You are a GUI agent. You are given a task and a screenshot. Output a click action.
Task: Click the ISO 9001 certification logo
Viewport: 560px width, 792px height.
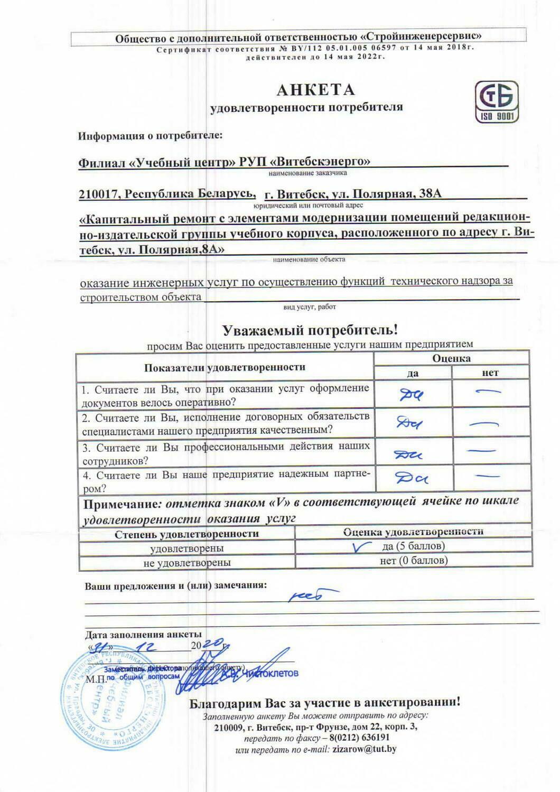(x=497, y=103)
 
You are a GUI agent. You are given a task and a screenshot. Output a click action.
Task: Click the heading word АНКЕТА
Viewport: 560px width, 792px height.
(x=315, y=90)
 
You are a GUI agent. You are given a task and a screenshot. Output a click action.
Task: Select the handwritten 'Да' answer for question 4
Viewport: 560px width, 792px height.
(x=412, y=478)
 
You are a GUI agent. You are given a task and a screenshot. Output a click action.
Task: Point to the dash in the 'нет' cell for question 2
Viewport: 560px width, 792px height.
(x=484, y=423)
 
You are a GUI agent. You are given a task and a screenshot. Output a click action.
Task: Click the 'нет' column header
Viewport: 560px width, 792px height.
(x=490, y=373)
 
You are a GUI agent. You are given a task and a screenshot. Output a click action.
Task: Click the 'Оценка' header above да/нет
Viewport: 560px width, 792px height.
(x=451, y=358)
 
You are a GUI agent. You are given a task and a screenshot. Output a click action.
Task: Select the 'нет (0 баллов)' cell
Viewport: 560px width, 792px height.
(x=414, y=561)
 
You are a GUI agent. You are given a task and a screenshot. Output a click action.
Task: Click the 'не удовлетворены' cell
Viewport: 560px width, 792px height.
(x=187, y=562)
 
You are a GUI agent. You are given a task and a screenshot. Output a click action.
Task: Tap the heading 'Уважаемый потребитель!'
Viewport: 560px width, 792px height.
(x=310, y=331)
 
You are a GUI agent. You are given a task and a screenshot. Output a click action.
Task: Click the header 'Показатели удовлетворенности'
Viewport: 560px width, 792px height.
(x=225, y=367)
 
